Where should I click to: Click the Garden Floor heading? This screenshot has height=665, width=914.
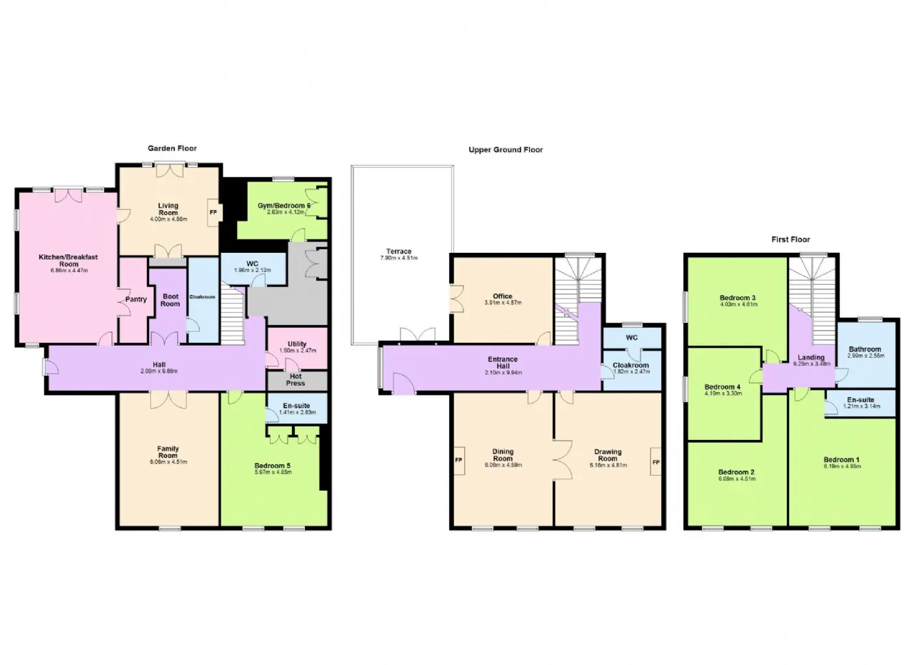172,149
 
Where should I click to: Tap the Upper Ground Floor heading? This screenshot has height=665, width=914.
506,150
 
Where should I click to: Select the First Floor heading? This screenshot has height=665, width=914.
790,240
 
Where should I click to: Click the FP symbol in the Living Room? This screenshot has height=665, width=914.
213,212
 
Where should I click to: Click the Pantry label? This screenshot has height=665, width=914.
136,299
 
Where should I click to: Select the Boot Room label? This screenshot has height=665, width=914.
170,300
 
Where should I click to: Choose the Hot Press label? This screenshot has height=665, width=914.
296,379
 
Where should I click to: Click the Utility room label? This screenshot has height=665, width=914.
296,344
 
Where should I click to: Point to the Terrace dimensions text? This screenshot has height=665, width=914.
398,258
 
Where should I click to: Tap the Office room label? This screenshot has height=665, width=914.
502,296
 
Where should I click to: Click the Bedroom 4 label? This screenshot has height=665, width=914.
723,386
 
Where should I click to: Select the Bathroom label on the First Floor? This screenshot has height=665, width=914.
865,350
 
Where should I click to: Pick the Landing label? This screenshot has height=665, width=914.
811,358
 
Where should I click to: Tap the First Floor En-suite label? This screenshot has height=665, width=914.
860,400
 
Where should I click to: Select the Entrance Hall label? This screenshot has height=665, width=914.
503,363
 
